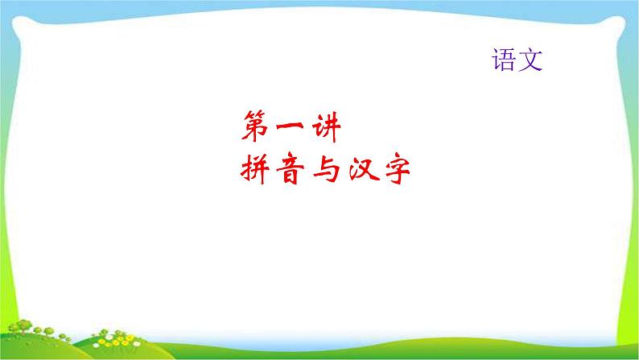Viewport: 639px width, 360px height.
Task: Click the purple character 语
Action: point(503,60)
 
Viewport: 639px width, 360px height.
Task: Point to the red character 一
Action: point(290,126)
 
